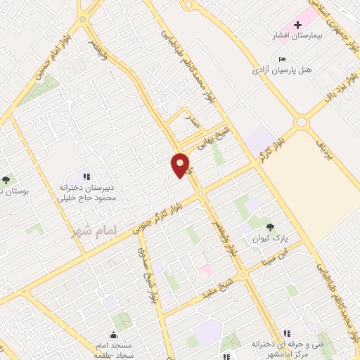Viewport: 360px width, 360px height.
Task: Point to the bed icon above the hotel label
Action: point(283,59)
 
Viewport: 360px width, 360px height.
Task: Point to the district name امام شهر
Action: point(92,230)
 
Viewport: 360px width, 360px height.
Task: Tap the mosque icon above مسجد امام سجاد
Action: point(112,335)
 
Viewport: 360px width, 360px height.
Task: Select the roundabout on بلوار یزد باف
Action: point(302,122)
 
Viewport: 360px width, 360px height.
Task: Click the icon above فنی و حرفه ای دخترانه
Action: point(285,333)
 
